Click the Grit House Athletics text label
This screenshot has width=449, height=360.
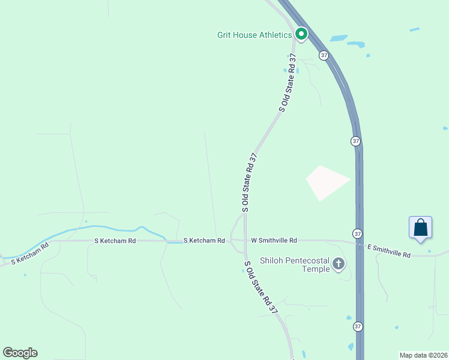click(x=254, y=35)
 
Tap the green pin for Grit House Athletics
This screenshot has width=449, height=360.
click(x=301, y=34)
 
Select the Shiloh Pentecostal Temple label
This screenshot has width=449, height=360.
click(x=295, y=265)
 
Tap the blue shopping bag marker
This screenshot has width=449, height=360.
click(x=420, y=228)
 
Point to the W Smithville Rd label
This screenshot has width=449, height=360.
click(x=274, y=241)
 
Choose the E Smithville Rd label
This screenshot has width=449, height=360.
click(x=388, y=251)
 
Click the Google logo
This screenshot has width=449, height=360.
click(x=20, y=353)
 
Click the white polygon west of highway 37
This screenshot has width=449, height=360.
click(x=326, y=182)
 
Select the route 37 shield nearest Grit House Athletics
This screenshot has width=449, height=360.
click(x=324, y=55)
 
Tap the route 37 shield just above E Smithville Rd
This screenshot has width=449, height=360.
click(x=358, y=233)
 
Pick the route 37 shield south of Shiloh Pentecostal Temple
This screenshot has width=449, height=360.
click(x=358, y=327)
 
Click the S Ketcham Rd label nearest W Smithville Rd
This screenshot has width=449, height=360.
click(x=203, y=241)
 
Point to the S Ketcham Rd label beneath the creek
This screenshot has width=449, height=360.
click(x=115, y=241)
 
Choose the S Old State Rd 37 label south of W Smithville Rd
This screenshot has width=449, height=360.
click(x=261, y=287)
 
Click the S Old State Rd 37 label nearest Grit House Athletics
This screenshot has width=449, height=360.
click(x=288, y=83)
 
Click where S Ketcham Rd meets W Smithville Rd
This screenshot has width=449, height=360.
click(x=234, y=241)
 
